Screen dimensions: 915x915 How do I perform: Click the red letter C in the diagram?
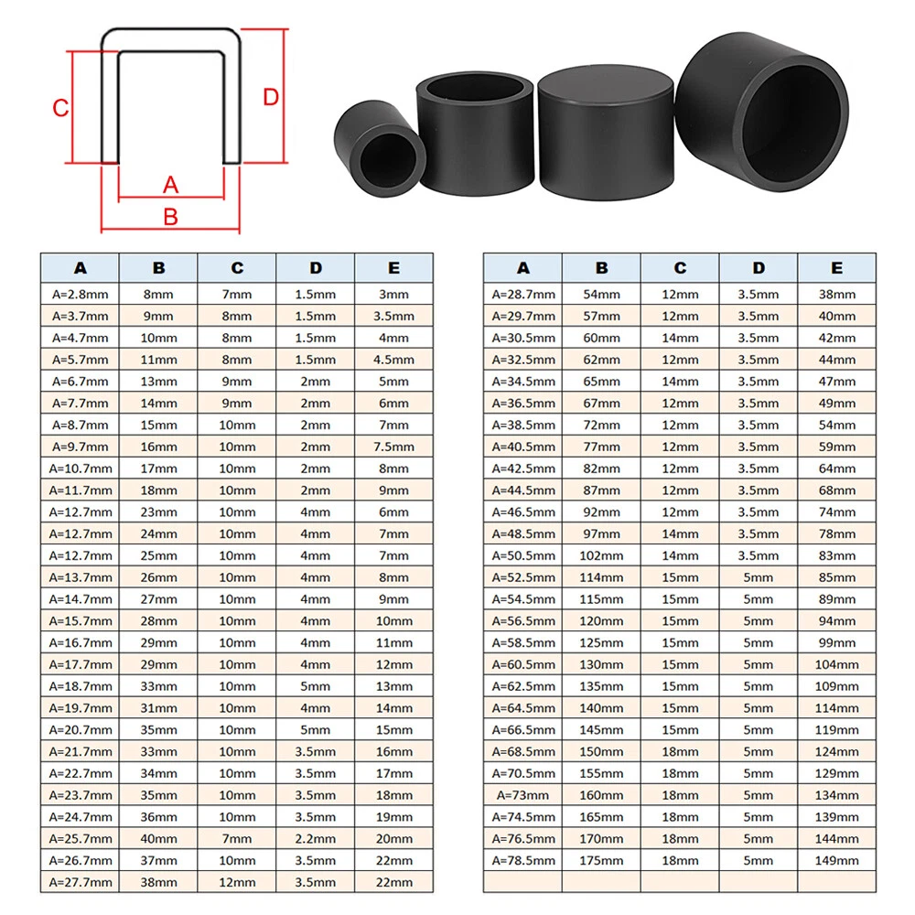click(60, 108)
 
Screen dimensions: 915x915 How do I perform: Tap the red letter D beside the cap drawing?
click(271, 97)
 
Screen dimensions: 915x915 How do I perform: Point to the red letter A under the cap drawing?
click(170, 185)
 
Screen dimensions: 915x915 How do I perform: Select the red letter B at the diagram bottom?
click(170, 217)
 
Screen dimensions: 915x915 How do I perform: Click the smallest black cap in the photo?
click(380, 149)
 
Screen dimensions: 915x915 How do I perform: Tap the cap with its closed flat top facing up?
click(606, 132)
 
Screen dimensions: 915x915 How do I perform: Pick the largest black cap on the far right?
click(761, 111)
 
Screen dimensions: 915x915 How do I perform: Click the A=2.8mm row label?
click(80, 294)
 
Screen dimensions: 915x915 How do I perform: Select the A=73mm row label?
click(522, 795)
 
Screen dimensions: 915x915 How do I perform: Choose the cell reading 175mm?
click(601, 860)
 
